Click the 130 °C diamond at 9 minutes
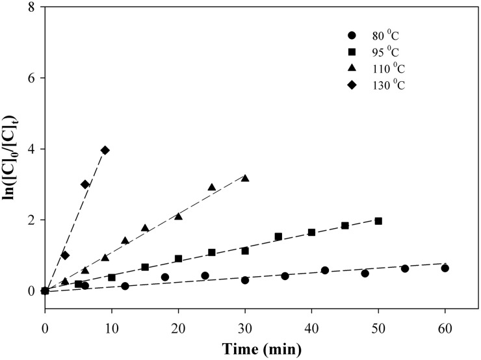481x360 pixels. click(105, 150)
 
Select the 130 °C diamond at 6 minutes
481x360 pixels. click(84, 185)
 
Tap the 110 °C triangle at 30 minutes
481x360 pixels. click(245, 177)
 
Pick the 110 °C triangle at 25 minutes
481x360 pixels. click(211, 187)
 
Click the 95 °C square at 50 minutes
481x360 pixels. click(378, 221)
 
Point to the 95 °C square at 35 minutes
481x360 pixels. click(278, 237)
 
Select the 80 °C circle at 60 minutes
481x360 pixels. click(445, 268)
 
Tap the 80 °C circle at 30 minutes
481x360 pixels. click(245, 280)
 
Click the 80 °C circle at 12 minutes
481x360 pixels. click(125, 286)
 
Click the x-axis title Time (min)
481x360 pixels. click(245, 349)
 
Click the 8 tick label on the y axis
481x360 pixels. click(31, 7)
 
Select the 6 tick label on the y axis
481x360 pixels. click(31, 78)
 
